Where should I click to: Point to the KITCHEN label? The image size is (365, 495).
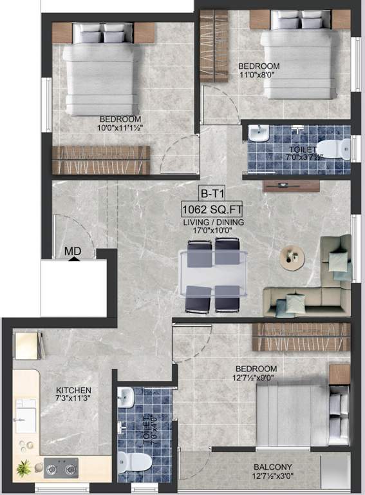(73, 391)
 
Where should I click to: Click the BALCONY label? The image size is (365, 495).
(273, 467)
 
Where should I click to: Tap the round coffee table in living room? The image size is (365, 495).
(292, 256)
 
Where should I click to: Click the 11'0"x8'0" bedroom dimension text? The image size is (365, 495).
(259, 75)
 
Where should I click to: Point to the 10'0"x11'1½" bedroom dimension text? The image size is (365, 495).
(120, 128)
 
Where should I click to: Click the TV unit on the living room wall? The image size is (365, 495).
(291, 186)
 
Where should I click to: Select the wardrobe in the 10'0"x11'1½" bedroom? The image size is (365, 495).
(100, 159)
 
